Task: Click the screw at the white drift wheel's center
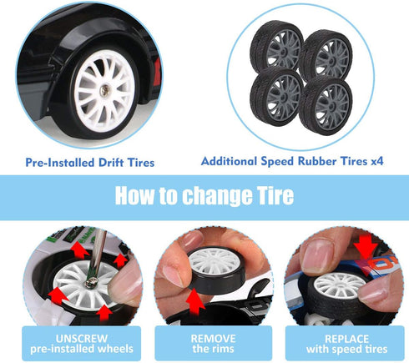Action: pos(104,90)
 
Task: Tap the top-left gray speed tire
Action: pos(276,47)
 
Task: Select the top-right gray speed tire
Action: pos(326,56)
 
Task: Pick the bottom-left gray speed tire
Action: pos(276,98)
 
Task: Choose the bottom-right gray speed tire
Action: pos(326,106)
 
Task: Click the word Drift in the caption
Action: pos(111,163)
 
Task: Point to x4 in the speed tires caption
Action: pos(377,161)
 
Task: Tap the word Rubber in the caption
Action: pos(317,161)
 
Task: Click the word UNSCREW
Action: pos(82,339)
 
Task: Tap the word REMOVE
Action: pos(213,339)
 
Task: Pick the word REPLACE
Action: pos(346,339)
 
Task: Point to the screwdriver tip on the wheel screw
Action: pos(91,281)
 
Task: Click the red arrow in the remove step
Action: pos(195,302)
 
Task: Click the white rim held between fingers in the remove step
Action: pos(215,261)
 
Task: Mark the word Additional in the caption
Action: pos(229,161)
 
